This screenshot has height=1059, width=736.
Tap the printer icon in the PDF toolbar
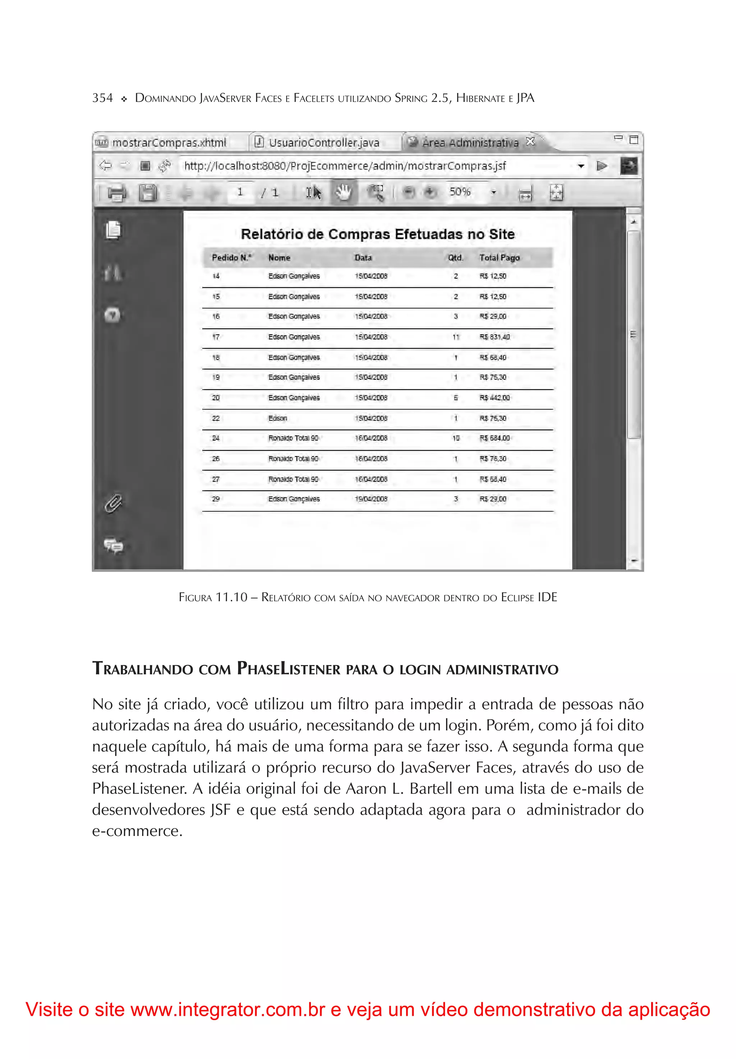pos(116,192)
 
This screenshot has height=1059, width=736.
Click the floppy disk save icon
pos(147,192)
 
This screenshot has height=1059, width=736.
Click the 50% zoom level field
pos(460,192)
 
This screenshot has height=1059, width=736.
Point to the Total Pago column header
pos(499,258)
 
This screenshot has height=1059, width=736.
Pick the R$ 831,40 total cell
pos(494,337)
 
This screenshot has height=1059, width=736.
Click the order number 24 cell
pos(216,438)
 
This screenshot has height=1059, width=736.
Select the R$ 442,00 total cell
pos(494,397)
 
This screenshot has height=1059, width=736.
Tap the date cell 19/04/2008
pos(371,499)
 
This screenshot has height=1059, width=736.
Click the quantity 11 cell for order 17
pos(456,337)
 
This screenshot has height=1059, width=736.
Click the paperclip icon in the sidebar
pos(113,503)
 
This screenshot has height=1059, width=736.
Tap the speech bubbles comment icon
pos(113,546)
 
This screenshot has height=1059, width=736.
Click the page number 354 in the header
pos(102,98)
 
